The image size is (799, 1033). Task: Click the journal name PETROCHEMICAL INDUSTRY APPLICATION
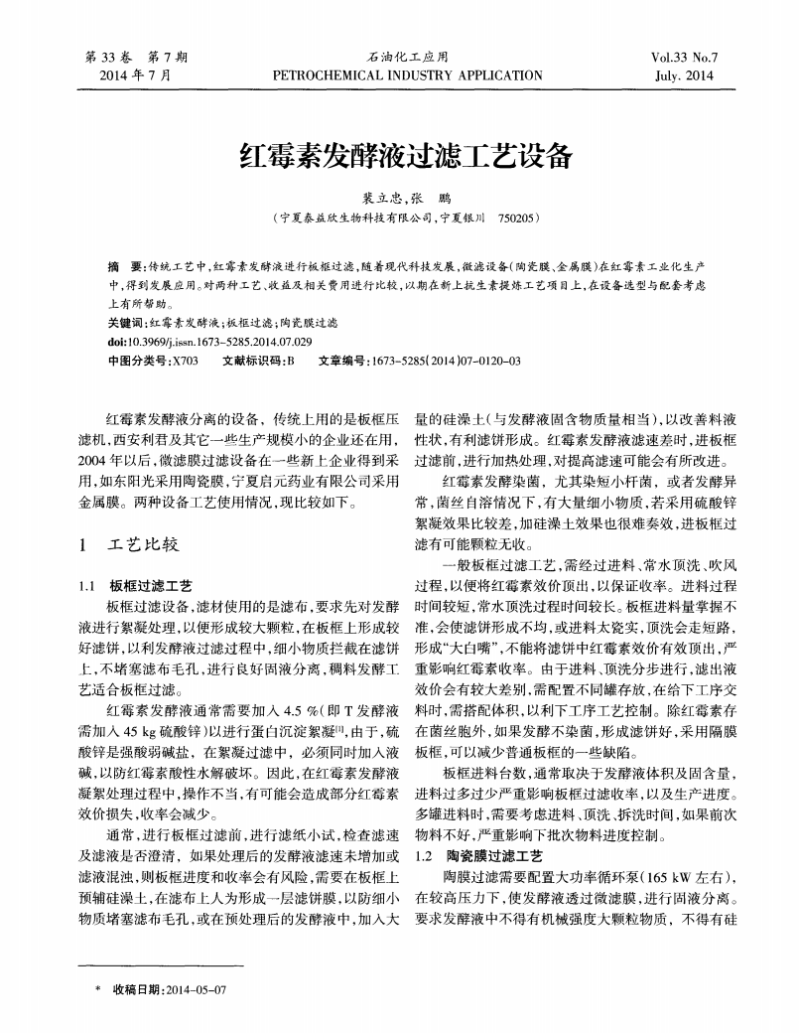(x=407, y=74)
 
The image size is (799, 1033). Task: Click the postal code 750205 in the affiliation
(x=519, y=216)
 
